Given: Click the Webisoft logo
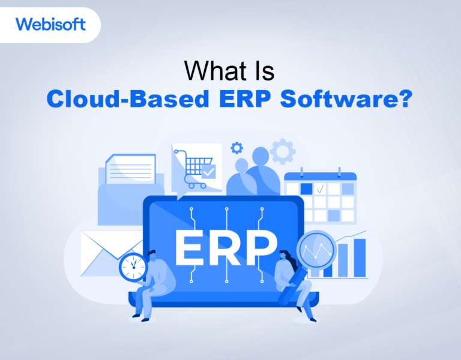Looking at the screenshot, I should tap(50, 25).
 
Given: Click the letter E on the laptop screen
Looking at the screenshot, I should tap(191, 248).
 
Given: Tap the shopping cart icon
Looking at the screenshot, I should tap(193, 167).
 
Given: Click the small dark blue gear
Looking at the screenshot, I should tap(237, 148).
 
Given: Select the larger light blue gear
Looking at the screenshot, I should tap(282, 151).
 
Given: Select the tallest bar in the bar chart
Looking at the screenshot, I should tap(360, 259).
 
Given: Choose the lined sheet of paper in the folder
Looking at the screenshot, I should tap(131, 167).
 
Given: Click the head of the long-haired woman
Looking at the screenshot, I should tap(285, 256).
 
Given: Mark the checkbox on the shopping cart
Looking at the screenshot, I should tap(208, 172).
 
